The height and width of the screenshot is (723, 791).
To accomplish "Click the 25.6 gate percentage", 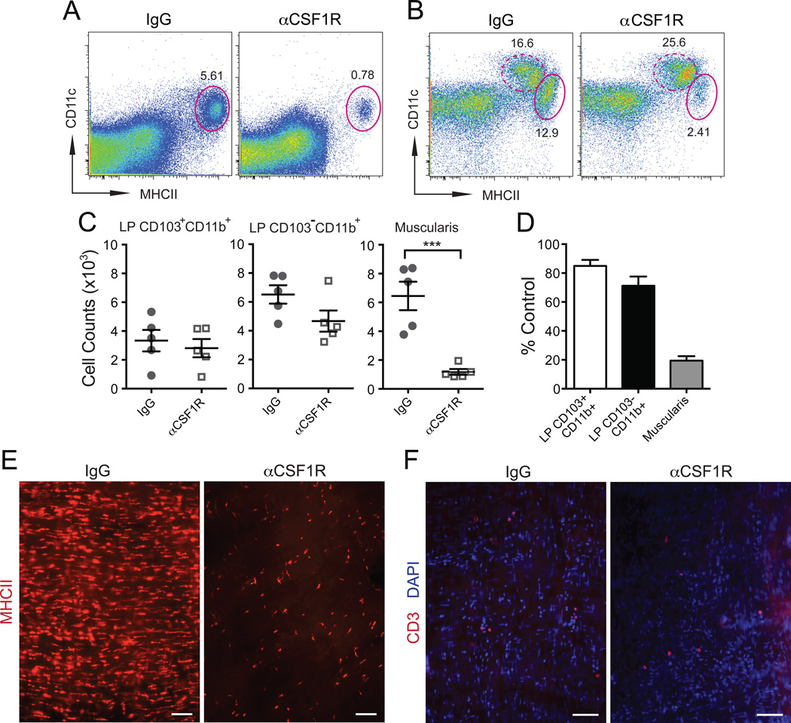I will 676,44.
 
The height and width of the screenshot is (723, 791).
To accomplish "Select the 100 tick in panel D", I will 557,245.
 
